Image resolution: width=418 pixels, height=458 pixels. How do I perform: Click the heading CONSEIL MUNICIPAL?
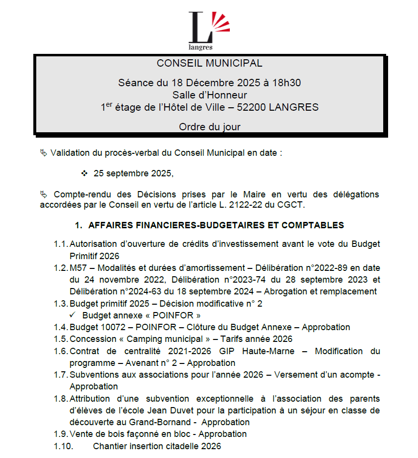[x=209, y=63]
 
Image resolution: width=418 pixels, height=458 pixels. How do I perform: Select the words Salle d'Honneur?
[x=209, y=95]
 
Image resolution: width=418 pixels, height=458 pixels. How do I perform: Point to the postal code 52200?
[x=252, y=107]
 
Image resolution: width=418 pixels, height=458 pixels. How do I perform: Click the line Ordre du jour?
[x=209, y=127]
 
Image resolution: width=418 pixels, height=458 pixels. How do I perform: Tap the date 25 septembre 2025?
[x=133, y=173]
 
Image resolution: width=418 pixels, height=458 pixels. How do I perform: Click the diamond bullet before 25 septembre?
[x=84, y=173]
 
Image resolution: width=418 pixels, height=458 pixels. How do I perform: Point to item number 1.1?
[x=60, y=244]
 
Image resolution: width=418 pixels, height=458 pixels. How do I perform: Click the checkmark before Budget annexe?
[x=73, y=315]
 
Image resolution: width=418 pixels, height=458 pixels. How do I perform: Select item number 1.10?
[x=63, y=446]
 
